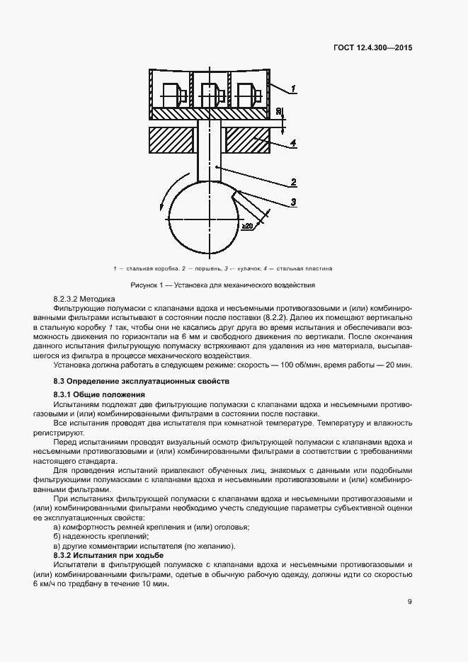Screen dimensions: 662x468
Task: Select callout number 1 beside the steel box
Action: [293, 89]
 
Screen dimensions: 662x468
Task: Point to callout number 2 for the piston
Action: [292, 182]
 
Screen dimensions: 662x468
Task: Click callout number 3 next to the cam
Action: [292, 202]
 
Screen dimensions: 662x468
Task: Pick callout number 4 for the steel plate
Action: [292, 144]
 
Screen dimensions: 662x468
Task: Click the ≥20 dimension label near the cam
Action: [248, 225]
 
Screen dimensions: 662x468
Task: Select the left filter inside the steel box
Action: [173, 94]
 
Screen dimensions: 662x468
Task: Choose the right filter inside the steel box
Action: [248, 94]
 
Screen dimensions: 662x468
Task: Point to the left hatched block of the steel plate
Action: [171, 140]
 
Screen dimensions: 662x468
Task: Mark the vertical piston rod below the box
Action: [209, 152]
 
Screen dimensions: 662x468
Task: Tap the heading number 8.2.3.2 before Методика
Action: [69, 300]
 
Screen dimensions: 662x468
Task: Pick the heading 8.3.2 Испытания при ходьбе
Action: [107, 556]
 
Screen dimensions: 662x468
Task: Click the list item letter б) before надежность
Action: [58, 537]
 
